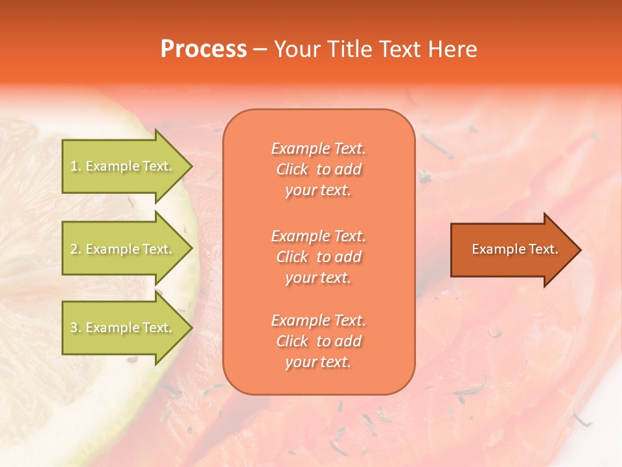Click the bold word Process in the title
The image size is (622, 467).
coord(203,49)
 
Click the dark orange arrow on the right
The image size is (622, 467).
coord(512,249)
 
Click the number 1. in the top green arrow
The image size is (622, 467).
coord(76,166)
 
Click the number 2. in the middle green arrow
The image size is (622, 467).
coord(76,249)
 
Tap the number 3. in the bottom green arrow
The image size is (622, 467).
coord(76,328)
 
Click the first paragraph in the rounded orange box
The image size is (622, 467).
coord(318,169)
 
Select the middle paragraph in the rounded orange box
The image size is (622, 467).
coord(318,257)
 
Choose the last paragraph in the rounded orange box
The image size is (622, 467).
coord(318,341)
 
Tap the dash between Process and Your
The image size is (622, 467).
coord(260,49)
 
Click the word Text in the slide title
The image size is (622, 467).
coord(396,49)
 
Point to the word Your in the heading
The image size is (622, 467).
coord(296,49)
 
